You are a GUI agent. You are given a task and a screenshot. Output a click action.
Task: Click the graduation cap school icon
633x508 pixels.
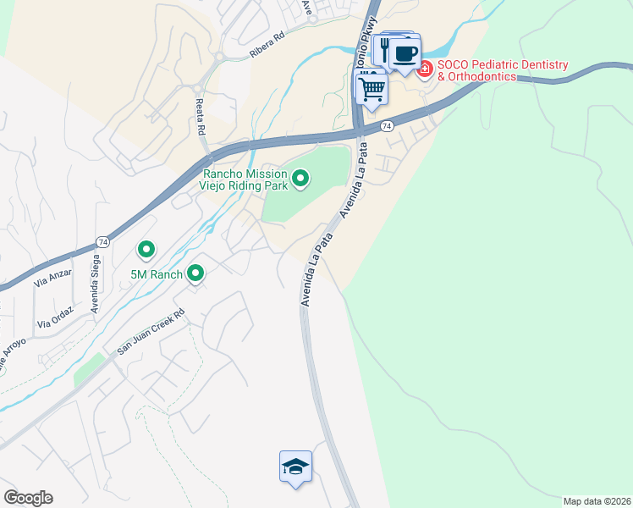point(295,467)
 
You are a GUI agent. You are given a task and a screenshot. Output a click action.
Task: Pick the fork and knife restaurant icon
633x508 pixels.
point(384,51)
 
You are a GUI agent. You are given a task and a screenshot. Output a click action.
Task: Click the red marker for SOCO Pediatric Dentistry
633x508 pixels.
point(425,69)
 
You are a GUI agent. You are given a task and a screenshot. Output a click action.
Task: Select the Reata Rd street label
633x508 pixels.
point(201,118)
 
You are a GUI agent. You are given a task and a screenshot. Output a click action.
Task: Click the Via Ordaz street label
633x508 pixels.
point(56,317)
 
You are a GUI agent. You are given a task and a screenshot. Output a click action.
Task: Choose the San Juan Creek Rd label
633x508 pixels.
point(150,337)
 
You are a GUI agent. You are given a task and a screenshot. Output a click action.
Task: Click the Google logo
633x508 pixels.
point(28,498)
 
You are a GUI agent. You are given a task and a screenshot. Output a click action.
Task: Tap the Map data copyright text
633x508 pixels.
point(597,500)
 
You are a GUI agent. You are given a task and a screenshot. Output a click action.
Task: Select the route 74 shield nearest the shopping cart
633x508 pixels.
point(386,125)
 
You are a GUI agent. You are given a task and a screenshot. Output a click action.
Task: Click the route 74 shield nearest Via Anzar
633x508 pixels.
point(101,240)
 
